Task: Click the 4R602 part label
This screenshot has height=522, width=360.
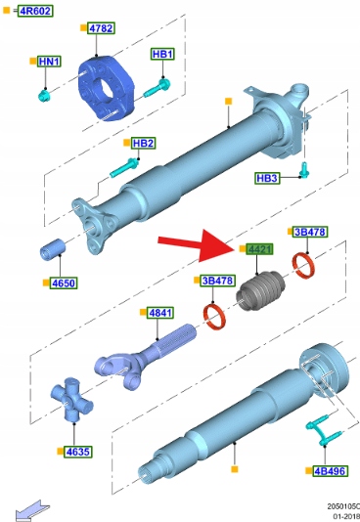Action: tap(35, 11)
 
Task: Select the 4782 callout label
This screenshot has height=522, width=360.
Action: tap(101, 28)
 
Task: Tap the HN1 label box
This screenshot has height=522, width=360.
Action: tap(49, 62)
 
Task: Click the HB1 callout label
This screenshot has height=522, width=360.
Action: tap(162, 54)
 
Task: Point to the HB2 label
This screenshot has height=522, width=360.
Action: tap(143, 143)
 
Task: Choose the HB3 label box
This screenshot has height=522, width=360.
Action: tap(267, 178)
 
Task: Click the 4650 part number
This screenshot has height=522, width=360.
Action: tap(64, 283)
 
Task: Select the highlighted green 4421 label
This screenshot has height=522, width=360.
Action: tap(259, 249)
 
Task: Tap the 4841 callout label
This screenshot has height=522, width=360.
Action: tap(160, 313)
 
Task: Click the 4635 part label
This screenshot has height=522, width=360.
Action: tap(77, 452)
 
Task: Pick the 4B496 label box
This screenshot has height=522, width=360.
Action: tap(330, 471)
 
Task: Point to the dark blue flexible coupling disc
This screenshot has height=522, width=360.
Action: tap(106, 89)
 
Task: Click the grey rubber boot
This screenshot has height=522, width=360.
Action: tap(261, 291)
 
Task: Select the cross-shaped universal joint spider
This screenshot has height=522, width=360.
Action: tap(71, 399)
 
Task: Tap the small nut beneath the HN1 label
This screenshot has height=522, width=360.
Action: tap(44, 96)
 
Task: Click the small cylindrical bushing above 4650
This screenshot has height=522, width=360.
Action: tap(53, 249)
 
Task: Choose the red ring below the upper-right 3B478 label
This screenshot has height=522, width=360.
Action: tap(303, 266)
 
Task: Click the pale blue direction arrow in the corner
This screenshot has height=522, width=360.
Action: tap(32, 511)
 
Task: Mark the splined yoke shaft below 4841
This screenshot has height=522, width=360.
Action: tap(145, 357)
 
